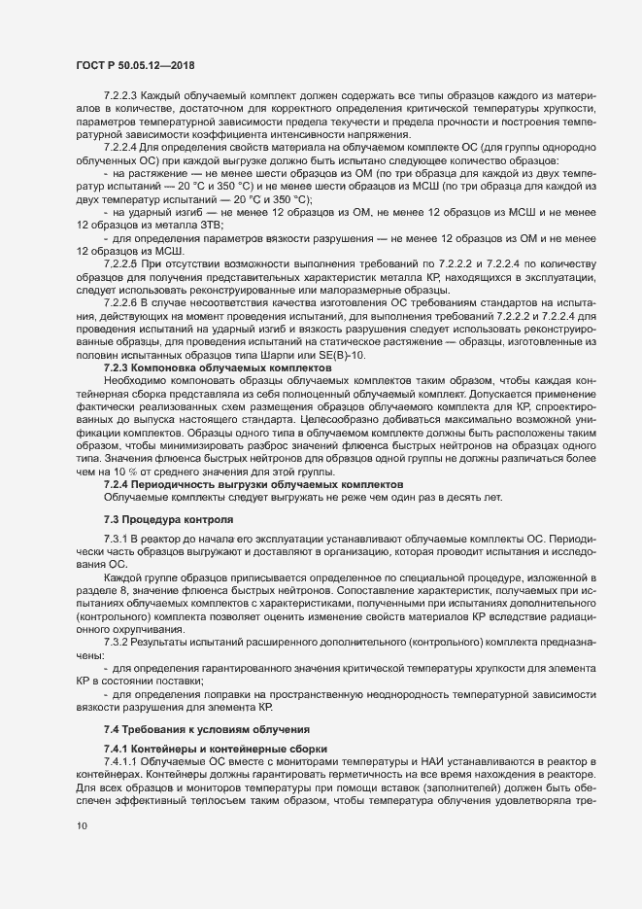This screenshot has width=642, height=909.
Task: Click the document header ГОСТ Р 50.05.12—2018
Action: coord(135,65)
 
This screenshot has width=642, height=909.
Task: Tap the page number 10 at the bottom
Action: coord(81,825)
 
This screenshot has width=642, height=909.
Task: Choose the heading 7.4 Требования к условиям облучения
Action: coord(207,728)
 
